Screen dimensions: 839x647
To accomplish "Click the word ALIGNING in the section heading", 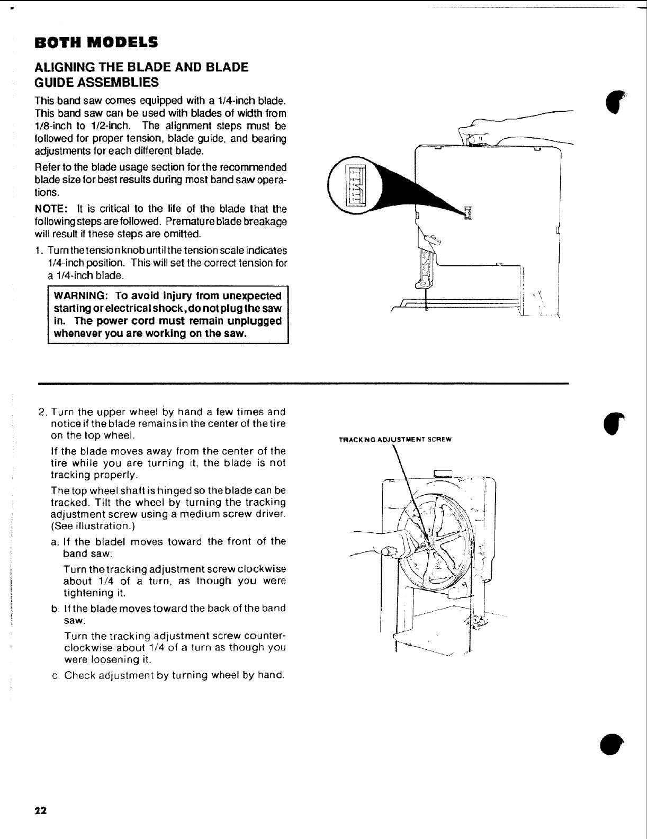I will [x=62, y=68].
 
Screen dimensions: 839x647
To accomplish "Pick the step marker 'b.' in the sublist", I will [x=55, y=608].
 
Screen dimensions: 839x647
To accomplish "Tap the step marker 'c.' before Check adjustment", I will [x=55, y=675].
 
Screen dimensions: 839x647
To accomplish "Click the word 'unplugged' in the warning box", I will [x=255, y=321].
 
